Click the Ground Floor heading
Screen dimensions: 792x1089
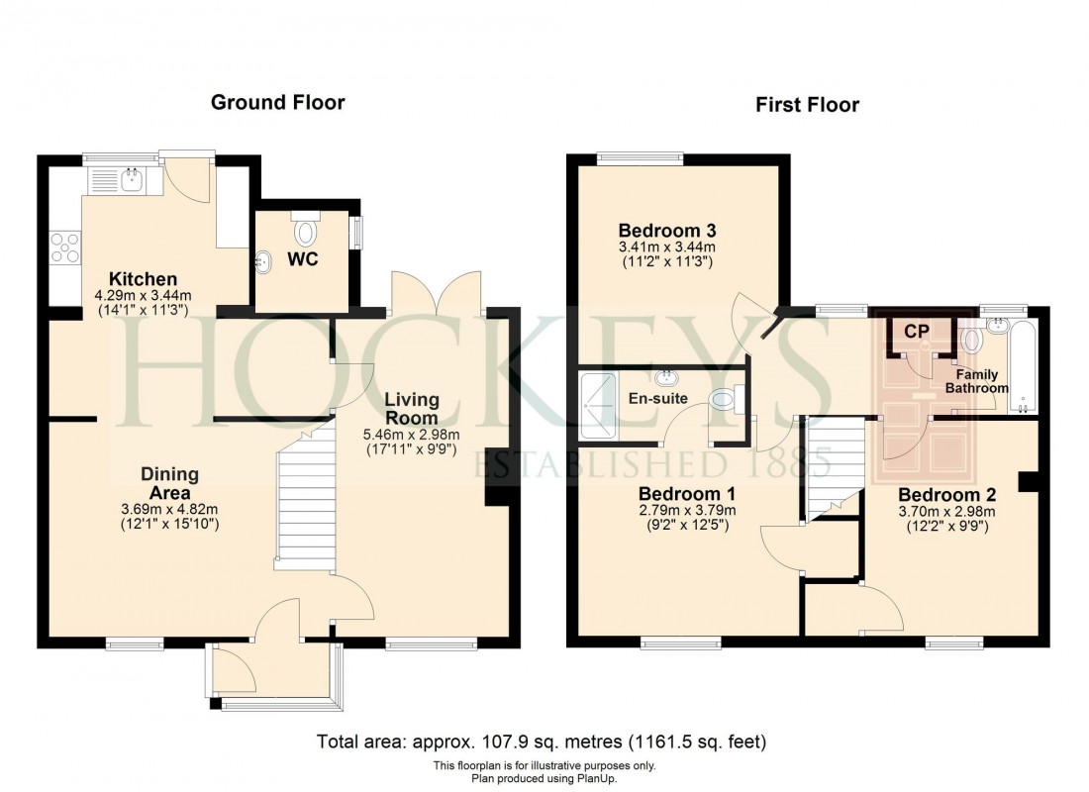pyautogui.click(x=277, y=102)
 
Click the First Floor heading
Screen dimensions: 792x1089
pyautogui.click(x=807, y=104)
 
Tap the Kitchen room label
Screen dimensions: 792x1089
pyautogui.click(x=144, y=279)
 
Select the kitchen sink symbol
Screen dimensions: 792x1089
pyautogui.click(x=117, y=179)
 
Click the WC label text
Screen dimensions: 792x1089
pyautogui.click(x=304, y=259)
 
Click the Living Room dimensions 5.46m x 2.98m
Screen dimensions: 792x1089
pyautogui.click(x=412, y=435)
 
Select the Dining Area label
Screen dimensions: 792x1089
pyautogui.click(x=169, y=483)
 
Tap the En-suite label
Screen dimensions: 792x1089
pyautogui.click(x=658, y=398)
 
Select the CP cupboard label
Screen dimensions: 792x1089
pyautogui.click(x=918, y=332)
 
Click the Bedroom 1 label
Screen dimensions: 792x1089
pyautogui.click(x=686, y=493)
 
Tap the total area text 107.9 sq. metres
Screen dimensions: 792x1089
pyautogui.click(x=542, y=741)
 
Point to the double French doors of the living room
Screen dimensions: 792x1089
pyautogui.click(x=438, y=294)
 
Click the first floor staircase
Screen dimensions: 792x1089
pyautogui.click(x=830, y=465)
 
